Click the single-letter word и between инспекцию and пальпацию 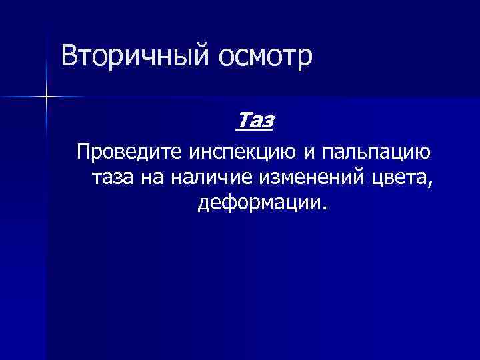click(309, 153)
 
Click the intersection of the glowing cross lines click(46, 97)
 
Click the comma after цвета click(430, 182)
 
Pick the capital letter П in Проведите click(84, 153)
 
